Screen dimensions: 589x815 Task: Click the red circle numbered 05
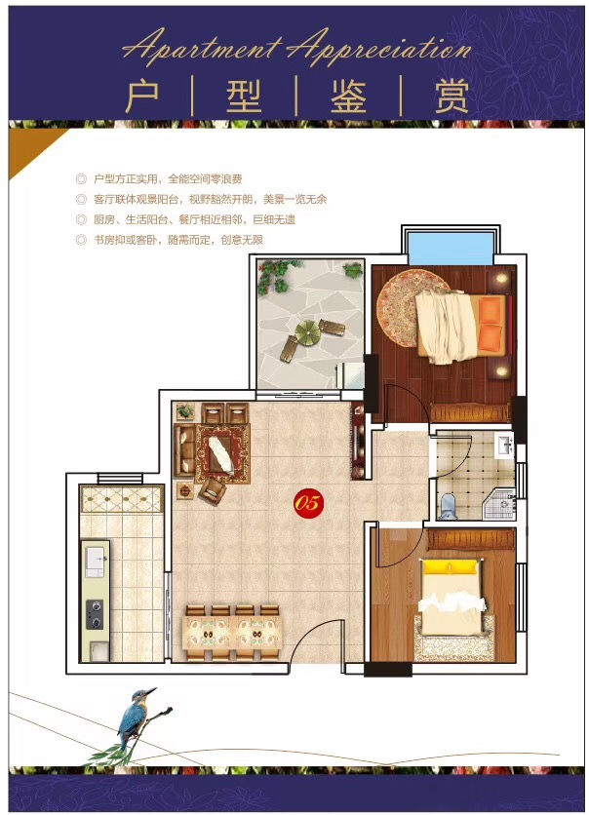308,503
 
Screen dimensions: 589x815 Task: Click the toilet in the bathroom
447,507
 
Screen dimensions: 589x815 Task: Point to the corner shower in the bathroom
498,503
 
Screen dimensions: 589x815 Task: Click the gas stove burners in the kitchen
94,614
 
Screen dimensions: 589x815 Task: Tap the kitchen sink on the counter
96,562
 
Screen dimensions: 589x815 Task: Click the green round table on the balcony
308,332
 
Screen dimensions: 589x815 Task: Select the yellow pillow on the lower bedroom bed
451,566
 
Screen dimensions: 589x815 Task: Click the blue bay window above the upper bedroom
451,248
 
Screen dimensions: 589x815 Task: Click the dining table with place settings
232,634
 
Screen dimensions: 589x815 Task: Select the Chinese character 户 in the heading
142,97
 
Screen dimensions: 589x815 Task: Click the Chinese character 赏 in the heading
452,97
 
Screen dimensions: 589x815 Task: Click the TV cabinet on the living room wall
358,441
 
